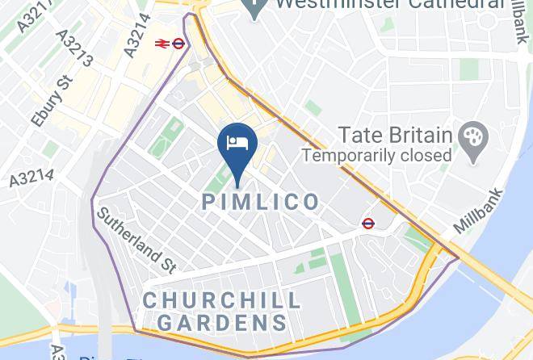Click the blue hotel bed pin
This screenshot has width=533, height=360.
[x=238, y=144]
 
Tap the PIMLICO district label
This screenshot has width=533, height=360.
[x=260, y=202]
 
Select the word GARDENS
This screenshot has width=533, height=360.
[x=221, y=323]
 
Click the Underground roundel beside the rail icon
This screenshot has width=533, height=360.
[x=179, y=44]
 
